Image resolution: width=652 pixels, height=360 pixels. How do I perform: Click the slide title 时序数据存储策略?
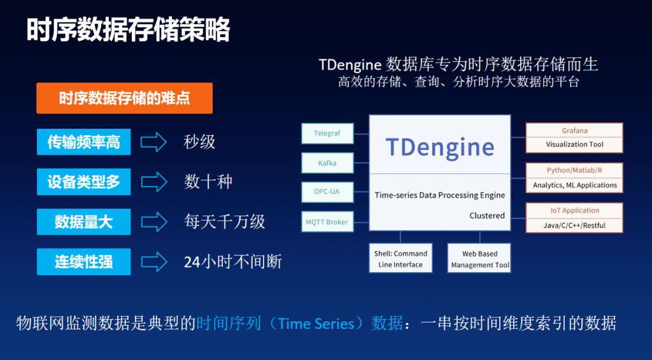point(128,30)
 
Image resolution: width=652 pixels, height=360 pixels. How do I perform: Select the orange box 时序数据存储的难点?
point(124,98)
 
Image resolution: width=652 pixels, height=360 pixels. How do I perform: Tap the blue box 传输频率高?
point(83,142)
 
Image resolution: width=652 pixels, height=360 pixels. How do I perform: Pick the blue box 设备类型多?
point(83,182)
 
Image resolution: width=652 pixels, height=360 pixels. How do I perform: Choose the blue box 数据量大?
point(83,222)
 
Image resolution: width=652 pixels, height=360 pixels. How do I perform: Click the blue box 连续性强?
point(83,261)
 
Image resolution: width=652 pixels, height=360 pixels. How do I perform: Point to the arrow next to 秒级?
point(153,142)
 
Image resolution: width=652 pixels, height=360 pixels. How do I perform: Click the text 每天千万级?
point(224,222)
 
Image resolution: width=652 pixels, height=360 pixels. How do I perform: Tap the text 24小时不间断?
point(232,261)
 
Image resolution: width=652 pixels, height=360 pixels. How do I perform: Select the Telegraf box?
point(327,134)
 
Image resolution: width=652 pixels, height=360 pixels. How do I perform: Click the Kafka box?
point(327,163)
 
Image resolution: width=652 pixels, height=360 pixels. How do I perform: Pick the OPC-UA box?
point(327,192)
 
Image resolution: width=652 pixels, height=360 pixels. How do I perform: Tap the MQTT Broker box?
point(327,222)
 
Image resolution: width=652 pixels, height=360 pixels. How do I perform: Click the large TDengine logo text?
point(440,147)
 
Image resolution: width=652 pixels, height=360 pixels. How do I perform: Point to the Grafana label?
point(574,131)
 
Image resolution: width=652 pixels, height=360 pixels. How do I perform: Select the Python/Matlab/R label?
point(574,171)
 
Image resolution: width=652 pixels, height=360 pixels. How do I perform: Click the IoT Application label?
point(574,211)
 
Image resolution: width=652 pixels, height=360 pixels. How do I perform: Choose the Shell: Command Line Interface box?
point(400,258)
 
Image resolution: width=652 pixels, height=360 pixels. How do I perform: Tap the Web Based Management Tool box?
point(479,259)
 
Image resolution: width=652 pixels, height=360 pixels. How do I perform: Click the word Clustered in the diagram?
point(487,215)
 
